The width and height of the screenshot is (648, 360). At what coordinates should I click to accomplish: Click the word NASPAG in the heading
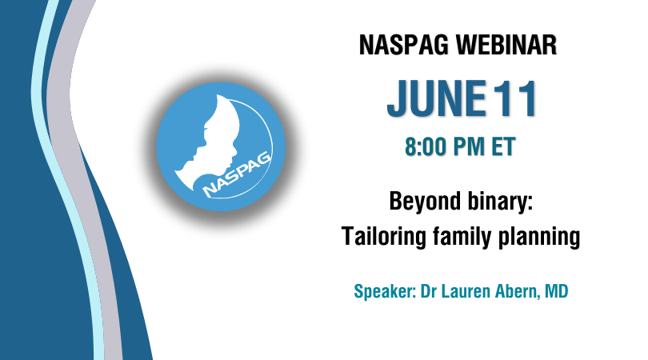coord(404,45)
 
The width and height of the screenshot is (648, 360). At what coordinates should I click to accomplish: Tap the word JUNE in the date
coord(437,98)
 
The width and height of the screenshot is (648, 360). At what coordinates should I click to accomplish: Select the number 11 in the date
coord(516,98)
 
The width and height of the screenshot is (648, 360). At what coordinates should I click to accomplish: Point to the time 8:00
coord(426,146)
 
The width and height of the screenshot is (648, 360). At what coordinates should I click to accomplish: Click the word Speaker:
coord(385,292)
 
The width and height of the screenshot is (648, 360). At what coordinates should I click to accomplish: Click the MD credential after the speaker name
coord(557,291)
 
